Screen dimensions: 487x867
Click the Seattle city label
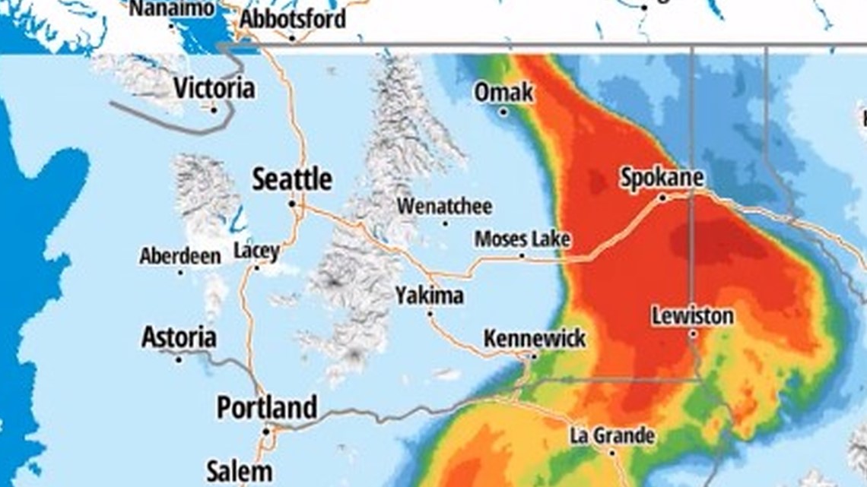tap(292, 180)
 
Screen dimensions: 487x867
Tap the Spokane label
tap(662, 178)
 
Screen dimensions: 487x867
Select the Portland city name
tap(266, 408)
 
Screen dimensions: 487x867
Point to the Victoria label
tap(214, 88)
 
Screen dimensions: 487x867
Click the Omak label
tap(503, 93)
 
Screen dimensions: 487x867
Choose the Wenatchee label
tap(444, 206)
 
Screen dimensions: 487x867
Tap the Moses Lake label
tap(522, 239)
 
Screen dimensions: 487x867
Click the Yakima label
tap(429, 296)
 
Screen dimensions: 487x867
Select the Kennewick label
tap(535, 338)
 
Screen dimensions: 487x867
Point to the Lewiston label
tap(692, 315)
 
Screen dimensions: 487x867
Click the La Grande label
tap(612, 436)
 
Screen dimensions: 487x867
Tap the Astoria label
tap(179, 337)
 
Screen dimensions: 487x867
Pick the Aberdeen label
tap(179, 256)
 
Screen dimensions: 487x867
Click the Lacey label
tap(256, 251)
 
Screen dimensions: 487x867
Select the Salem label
tap(239, 471)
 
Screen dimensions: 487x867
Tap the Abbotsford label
tap(292, 19)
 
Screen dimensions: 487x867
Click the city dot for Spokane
tap(662, 198)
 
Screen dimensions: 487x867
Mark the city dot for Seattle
tap(291, 204)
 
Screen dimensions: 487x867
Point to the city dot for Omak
tap(503, 112)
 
